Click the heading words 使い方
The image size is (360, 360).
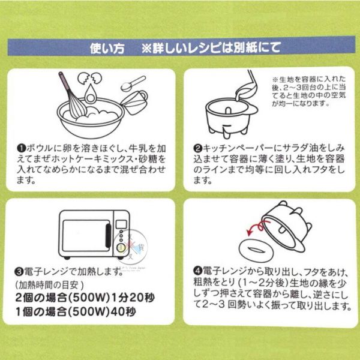click(x=107, y=48)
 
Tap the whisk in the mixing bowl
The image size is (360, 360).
click(x=73, y=95)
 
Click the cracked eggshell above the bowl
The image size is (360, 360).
click(x=90, y=78)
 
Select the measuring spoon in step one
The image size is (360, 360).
click(x=133, y=83)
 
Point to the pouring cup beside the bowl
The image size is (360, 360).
click(x=135, y=103)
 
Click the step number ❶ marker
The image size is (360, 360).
click(x=21, y=148)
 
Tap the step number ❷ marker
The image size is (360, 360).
click(x=197, y=148)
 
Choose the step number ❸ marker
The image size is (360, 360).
click(x=19, y=272)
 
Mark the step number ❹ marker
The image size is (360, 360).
click(x=197, y=271)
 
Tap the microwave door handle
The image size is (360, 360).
click(x=108, y=235)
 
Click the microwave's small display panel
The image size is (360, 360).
click(x=121, y=224)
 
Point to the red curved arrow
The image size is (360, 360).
click(x=257, y=227)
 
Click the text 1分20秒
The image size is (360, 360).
click(x=133, y=298)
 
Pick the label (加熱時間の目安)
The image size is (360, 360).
click(x=49, y=285)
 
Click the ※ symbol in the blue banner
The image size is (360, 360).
click(x=146, y=48)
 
